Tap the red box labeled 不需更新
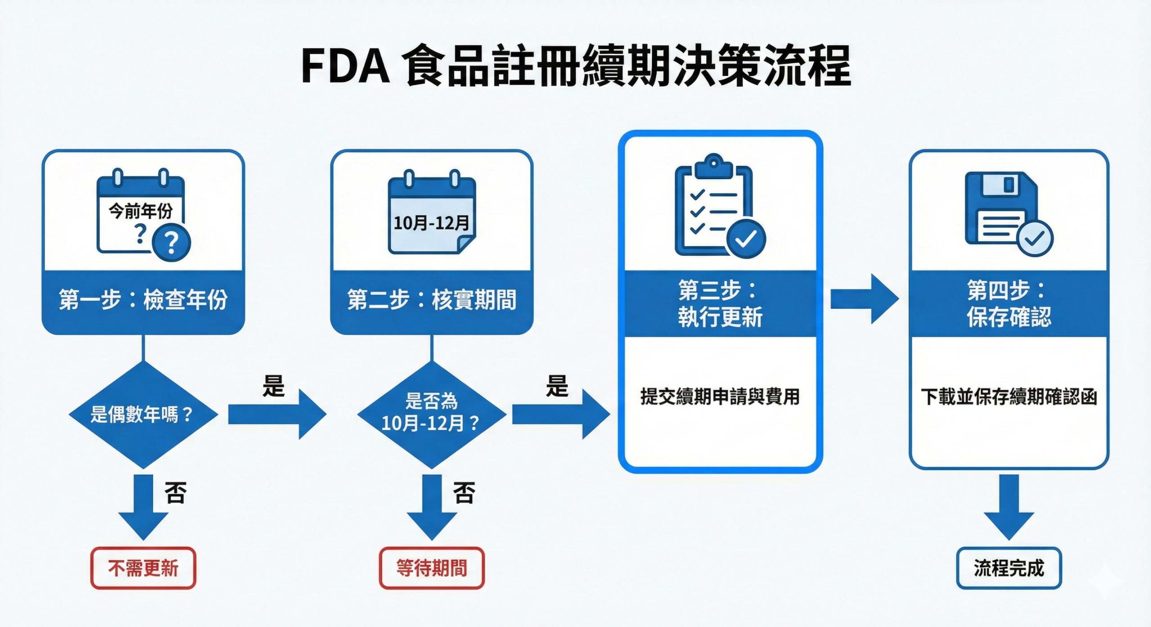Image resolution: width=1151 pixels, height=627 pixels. tap(143, 568)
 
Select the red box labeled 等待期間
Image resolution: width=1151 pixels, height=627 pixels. tap(431, 568)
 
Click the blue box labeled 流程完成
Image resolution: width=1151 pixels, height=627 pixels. tap(1008, 568)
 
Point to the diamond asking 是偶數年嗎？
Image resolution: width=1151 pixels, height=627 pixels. tap(143, 414)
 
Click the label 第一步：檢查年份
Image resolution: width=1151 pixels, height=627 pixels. tap(143, 300)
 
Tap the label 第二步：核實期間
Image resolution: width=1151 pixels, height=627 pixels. tap(431, 300)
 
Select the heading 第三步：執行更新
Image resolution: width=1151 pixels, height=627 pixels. tap(720, 304)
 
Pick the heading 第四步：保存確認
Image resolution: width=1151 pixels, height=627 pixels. tap(1008, 304)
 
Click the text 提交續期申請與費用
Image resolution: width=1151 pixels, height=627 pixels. tap(720, 397)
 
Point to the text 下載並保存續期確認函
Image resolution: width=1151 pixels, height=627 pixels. tap(1008, 397)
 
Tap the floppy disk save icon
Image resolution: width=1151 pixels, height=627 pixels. tap(1003, 209)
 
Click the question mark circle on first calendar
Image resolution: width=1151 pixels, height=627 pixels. tap(171, 243)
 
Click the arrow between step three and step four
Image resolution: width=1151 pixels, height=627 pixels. tap(863, 299)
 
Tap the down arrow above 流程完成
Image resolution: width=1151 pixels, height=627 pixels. tap(1008, 508)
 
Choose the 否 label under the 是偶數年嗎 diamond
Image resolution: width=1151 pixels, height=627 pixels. tap(175, 493)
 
